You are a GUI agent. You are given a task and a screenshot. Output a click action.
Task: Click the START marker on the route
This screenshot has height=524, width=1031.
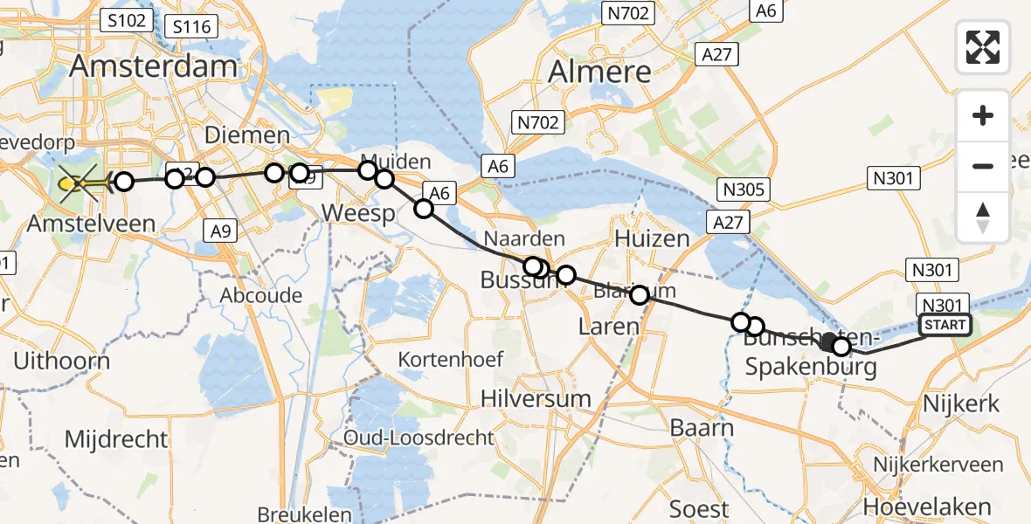point(945,326)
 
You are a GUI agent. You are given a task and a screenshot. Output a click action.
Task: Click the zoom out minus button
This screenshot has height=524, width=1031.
point(983,166)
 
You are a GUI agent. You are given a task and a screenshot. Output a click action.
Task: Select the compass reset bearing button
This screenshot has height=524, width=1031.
point(983,217)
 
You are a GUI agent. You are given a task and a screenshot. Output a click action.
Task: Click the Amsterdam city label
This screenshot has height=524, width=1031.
point(154,65)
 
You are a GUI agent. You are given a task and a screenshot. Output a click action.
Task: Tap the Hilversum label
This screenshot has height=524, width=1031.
point(536,399)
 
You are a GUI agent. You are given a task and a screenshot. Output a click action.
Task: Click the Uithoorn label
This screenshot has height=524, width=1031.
point(61,361)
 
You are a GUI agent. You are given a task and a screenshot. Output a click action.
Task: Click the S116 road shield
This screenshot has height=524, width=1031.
point(192,26)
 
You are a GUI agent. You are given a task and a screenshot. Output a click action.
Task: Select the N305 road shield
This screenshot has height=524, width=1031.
point(744,189)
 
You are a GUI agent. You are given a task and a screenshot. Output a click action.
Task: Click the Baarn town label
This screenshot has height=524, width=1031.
point(702,428)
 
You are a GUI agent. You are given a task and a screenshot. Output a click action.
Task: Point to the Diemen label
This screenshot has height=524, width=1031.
point(246,135)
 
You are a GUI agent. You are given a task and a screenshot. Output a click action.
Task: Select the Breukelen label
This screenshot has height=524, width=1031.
point(304,514)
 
